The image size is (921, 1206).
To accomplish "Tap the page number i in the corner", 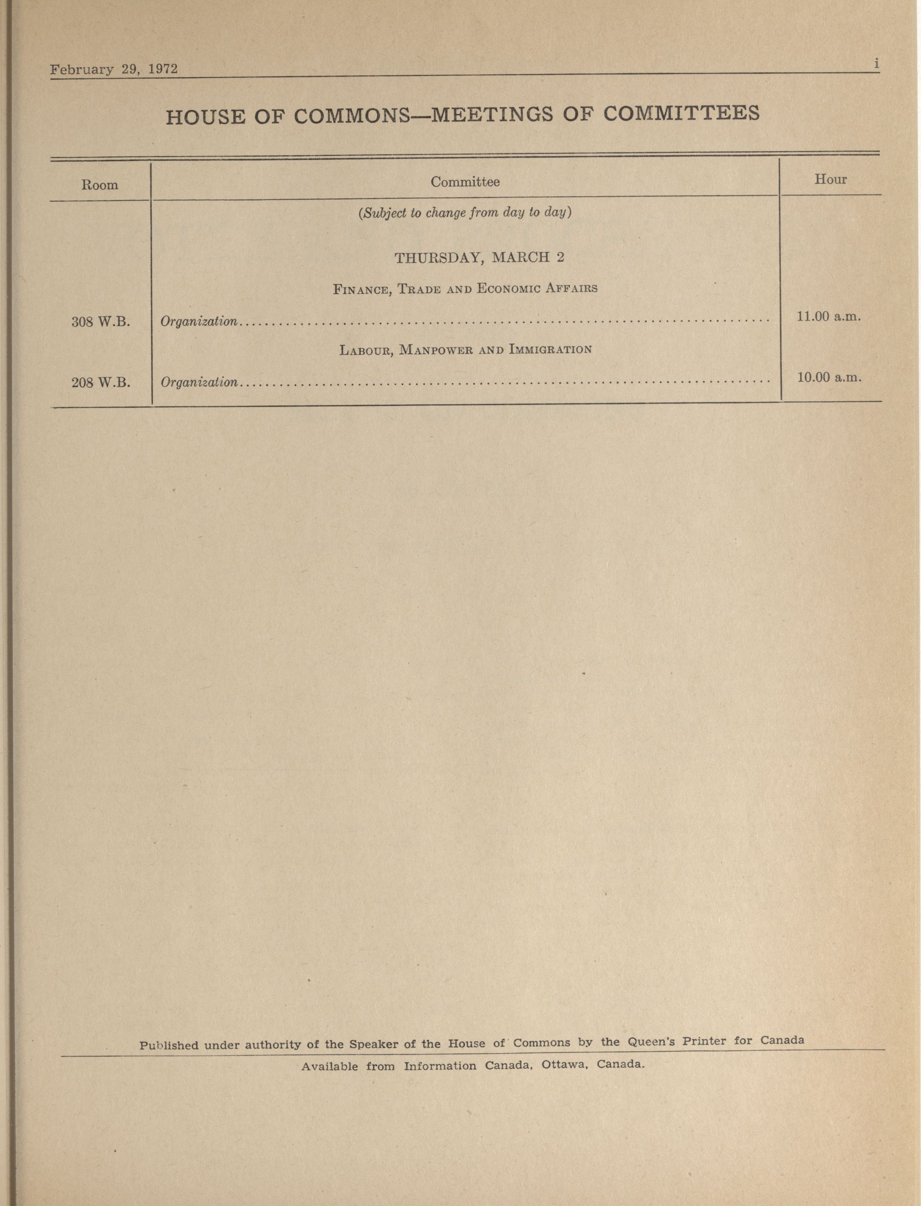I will coord(876,64).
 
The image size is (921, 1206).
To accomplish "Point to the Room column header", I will coord(100,185).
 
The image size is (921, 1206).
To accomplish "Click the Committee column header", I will coord(465,182).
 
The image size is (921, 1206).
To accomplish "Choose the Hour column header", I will coord(830,179).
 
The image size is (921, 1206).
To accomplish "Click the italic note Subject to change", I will coord(465,213).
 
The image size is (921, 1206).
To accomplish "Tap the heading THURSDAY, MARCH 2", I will coord(479,258).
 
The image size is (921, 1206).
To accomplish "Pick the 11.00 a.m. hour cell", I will coord(829,316).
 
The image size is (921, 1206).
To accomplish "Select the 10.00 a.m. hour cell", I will coord(829,377).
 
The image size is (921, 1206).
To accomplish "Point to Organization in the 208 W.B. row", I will coord(199,382).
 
